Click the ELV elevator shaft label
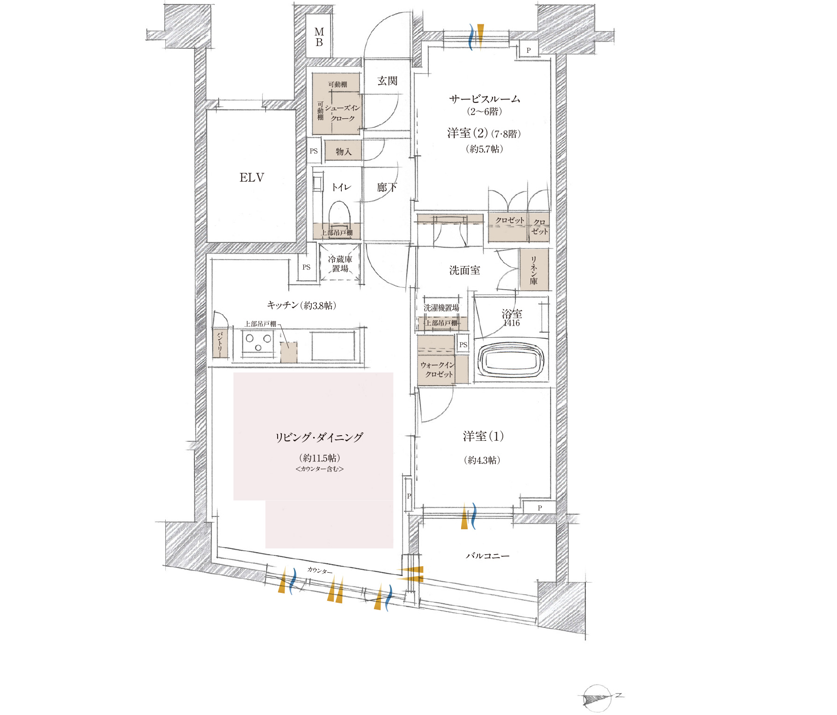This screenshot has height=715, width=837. [252, 178]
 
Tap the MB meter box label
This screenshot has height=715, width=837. [319, 37]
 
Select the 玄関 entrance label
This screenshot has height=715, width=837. [388, 81]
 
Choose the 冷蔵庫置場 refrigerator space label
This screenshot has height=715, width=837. [340, 264]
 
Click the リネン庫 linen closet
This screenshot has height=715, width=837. [534, 270]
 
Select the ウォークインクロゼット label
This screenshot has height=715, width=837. [437, 370]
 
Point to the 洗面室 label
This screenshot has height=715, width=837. [464, 270]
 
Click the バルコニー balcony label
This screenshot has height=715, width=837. [487, 556]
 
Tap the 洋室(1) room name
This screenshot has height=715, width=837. [483, 437]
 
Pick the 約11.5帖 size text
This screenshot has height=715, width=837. [320, 458]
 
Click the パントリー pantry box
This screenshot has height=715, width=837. [220, 343]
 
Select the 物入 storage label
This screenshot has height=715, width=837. [343, 152]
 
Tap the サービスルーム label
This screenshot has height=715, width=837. [485, 99]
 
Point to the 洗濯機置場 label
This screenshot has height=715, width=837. [441, 308]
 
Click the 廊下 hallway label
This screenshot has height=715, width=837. [387, 188]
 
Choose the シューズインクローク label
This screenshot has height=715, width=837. [343, 113]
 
